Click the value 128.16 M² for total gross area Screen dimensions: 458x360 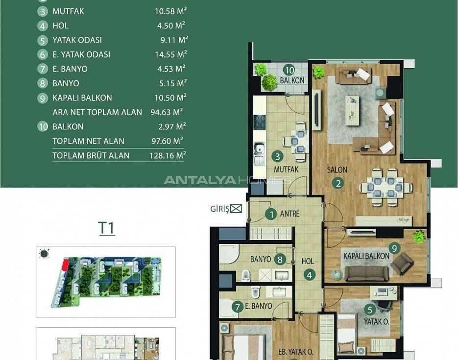pyautogui.click(x=168, y=155)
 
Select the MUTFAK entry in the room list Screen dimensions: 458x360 pyautogui.click(x=68, y=11)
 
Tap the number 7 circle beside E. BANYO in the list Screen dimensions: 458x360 pyautogui.click(x=42, y=69)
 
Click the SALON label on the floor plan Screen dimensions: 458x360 pyautogui.click(x=337, y=169)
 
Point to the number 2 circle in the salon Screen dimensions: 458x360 pyautogui.click(x=338, y=183)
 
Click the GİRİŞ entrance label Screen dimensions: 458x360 pyautogui.click(x=219, y=209)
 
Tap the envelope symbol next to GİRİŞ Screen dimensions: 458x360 pyautogui.click(x=236, y=209)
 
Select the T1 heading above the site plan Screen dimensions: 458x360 pyautogui.click(x=107, y=228)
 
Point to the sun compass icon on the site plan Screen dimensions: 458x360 pyautogui.click(x=44, y=254)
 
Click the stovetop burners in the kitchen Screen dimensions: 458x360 pyautogui.click(x=259, y=122)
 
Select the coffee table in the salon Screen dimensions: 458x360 pyautogui.click(x=352, y=111)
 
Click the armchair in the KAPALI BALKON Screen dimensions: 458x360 pyautogui.click(x=402, y=264)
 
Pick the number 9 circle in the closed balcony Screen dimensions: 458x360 pyautogui.click(x=394, y=248)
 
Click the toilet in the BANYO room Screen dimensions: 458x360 pyautogui.click(x=246, y=275)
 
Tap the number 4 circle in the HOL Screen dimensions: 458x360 pyautogui.click(x=309, y=275)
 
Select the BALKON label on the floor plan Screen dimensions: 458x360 pyautogui.click(x=292, y=80)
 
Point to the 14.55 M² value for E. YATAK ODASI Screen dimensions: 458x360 pyautogui.click(x=171, y=54)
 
